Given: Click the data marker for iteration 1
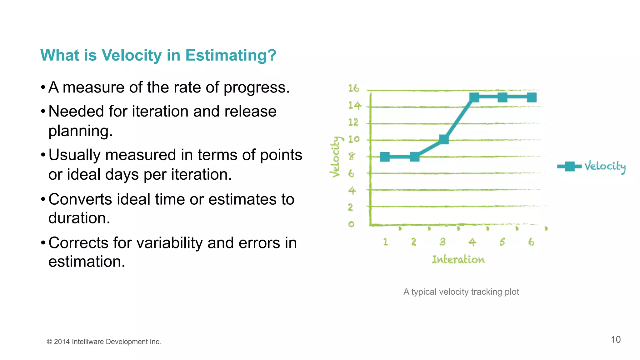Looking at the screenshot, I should click(385, 157).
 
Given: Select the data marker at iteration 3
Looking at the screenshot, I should click(444, 139).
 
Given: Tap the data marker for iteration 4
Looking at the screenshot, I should click(474, 97).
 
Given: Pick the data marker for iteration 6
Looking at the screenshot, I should click(532, 97).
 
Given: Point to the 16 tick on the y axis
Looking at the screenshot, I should click(354, 89).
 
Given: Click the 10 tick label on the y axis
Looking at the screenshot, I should click(354, 139).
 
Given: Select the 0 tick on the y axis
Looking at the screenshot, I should click(351, 224).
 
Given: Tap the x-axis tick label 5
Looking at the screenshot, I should click(502, 242).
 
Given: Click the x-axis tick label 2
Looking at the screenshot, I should click(414, 242).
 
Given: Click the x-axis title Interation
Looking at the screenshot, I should click(458, 259).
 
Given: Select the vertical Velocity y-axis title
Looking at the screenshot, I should click(336, 157).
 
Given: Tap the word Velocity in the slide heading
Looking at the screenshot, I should click(132, 55).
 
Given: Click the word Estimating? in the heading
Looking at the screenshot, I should click(231, 55).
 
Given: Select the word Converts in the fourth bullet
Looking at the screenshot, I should click(80, 199).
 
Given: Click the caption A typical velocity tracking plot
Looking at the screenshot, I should click(461, 292).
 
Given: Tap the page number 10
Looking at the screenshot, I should click(616, 340).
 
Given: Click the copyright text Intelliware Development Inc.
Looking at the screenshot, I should click(116, 342).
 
